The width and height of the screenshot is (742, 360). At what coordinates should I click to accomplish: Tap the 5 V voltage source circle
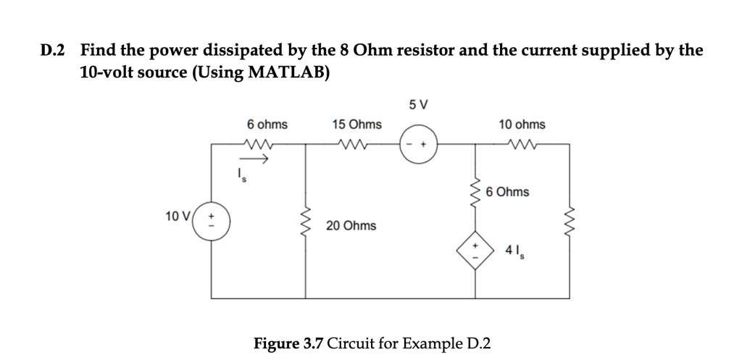click(419, 143)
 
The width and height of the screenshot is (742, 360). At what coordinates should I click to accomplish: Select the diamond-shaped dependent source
click(475, 252)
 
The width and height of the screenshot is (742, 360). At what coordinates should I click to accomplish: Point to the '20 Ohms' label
click(351, 225)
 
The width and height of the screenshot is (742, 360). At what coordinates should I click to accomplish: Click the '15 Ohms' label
click(357, 125)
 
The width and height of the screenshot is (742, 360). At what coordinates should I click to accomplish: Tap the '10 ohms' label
click(522, 125)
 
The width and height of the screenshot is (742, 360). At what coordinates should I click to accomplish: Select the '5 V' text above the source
click(418, 105)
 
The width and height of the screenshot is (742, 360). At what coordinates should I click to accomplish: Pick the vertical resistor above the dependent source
click(475, 192)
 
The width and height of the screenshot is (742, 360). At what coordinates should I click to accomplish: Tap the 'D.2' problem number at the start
click(52, 50)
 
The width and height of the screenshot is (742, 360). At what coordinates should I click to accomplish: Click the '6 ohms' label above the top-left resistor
click(267, 125)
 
